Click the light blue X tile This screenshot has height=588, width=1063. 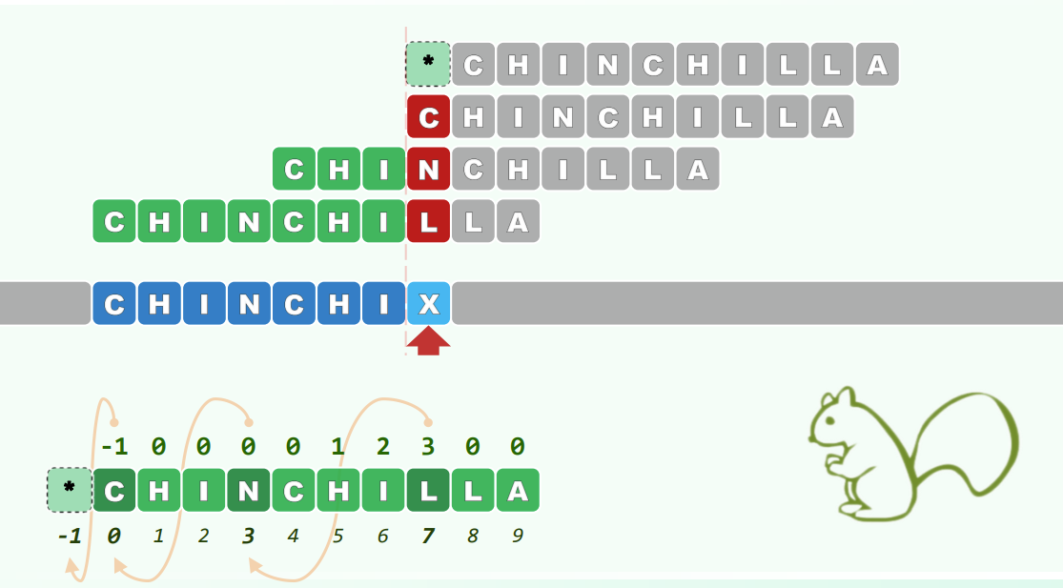[x=429, y=304]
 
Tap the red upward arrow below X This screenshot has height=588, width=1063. [x=429, y=340]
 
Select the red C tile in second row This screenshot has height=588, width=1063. [x=429, y=117]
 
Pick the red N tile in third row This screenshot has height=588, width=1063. [x=429, y=170]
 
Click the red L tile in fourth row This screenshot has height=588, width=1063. [x=429, y=222]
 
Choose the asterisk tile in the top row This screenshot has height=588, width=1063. [x=429, y=64]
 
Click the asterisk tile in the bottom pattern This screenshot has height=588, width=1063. [x=70, y=491]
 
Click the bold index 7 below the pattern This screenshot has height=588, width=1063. [x=428, y=536]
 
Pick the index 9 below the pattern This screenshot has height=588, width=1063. [x=517, y=536]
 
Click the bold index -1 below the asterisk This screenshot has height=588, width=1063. [x=69, y=536]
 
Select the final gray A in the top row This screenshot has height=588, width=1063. [x=877, y=65]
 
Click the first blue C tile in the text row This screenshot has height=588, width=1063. [x=114, y=304]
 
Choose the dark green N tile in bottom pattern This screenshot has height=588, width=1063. [x=249, y=491]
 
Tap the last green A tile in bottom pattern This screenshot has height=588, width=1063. [x=517, y=491]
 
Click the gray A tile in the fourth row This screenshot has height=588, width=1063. [x=517, y=222]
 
